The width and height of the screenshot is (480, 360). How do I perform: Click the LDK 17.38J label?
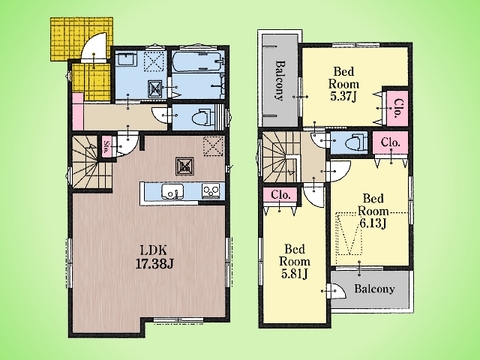click(154, 257)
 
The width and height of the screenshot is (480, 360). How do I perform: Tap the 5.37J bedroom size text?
click(344, 97)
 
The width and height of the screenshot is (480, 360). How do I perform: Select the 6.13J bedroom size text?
click(373, 223)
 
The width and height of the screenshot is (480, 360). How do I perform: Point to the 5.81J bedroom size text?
click(295, 274)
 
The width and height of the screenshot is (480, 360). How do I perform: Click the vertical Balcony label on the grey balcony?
click(280, 80)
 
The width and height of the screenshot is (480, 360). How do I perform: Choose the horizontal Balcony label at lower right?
click(374, 288)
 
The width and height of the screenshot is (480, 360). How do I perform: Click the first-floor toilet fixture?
click(204, 117)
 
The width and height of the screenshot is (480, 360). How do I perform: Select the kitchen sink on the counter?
click(172, 192)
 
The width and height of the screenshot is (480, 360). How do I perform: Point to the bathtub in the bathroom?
click(198, 62)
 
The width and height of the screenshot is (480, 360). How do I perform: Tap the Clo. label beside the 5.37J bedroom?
click(398, 109)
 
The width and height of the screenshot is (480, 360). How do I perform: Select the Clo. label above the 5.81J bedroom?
click(281, 195)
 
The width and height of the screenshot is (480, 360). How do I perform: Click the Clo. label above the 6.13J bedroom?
click(390, 143)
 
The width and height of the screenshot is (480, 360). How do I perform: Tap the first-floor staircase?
click(91, 162)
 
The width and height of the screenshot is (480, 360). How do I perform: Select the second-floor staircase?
click(281, 157)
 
